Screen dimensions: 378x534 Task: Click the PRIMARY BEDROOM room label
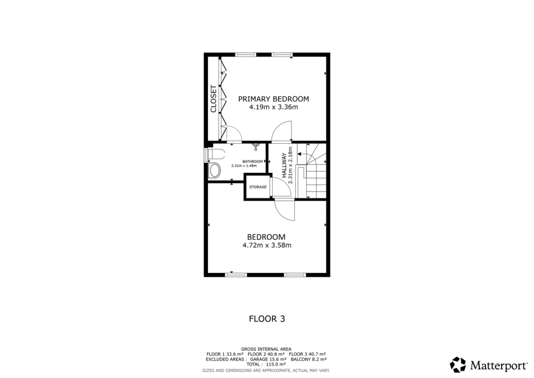click(273, 99)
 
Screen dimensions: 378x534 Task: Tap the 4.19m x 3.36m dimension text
click(273, 108)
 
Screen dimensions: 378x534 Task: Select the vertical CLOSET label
click(213, 99)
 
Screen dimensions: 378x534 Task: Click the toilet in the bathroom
click(214, 153)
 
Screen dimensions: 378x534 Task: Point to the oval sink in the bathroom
click(214, 170)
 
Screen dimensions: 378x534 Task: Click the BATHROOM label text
click(252, 161)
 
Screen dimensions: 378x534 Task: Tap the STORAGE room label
click(258, 187)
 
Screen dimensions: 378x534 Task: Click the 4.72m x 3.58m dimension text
click(266, 245)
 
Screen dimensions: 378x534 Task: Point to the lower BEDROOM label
click(266, 237)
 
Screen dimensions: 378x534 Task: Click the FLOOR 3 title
click(266, 318)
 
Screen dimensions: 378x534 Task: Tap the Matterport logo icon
click(458, 364)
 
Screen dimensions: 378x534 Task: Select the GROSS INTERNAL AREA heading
click(266, 349)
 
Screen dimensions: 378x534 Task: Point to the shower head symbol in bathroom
click(256, 146)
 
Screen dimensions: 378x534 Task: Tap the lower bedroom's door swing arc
click(285, 211)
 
